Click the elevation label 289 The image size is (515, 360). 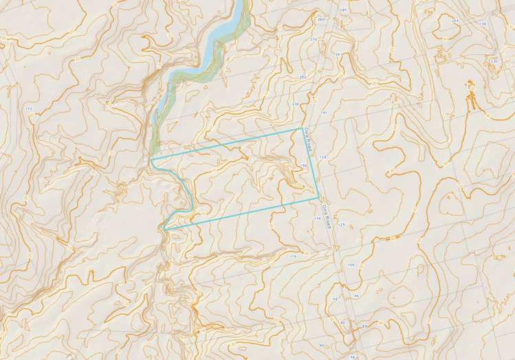point(343,12)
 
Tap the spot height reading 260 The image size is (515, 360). point(320,19)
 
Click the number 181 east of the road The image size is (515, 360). point(323,112)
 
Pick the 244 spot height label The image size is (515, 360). point(454,21)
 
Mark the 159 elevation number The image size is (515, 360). point(321,157)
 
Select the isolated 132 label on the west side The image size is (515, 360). point(28,109)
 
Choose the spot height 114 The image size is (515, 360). point(294,256)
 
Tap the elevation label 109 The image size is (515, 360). point(351,265)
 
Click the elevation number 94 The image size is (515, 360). point(336,299)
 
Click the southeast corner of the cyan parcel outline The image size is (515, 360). point(318,198)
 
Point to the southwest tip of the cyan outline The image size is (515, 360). point(164,227)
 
